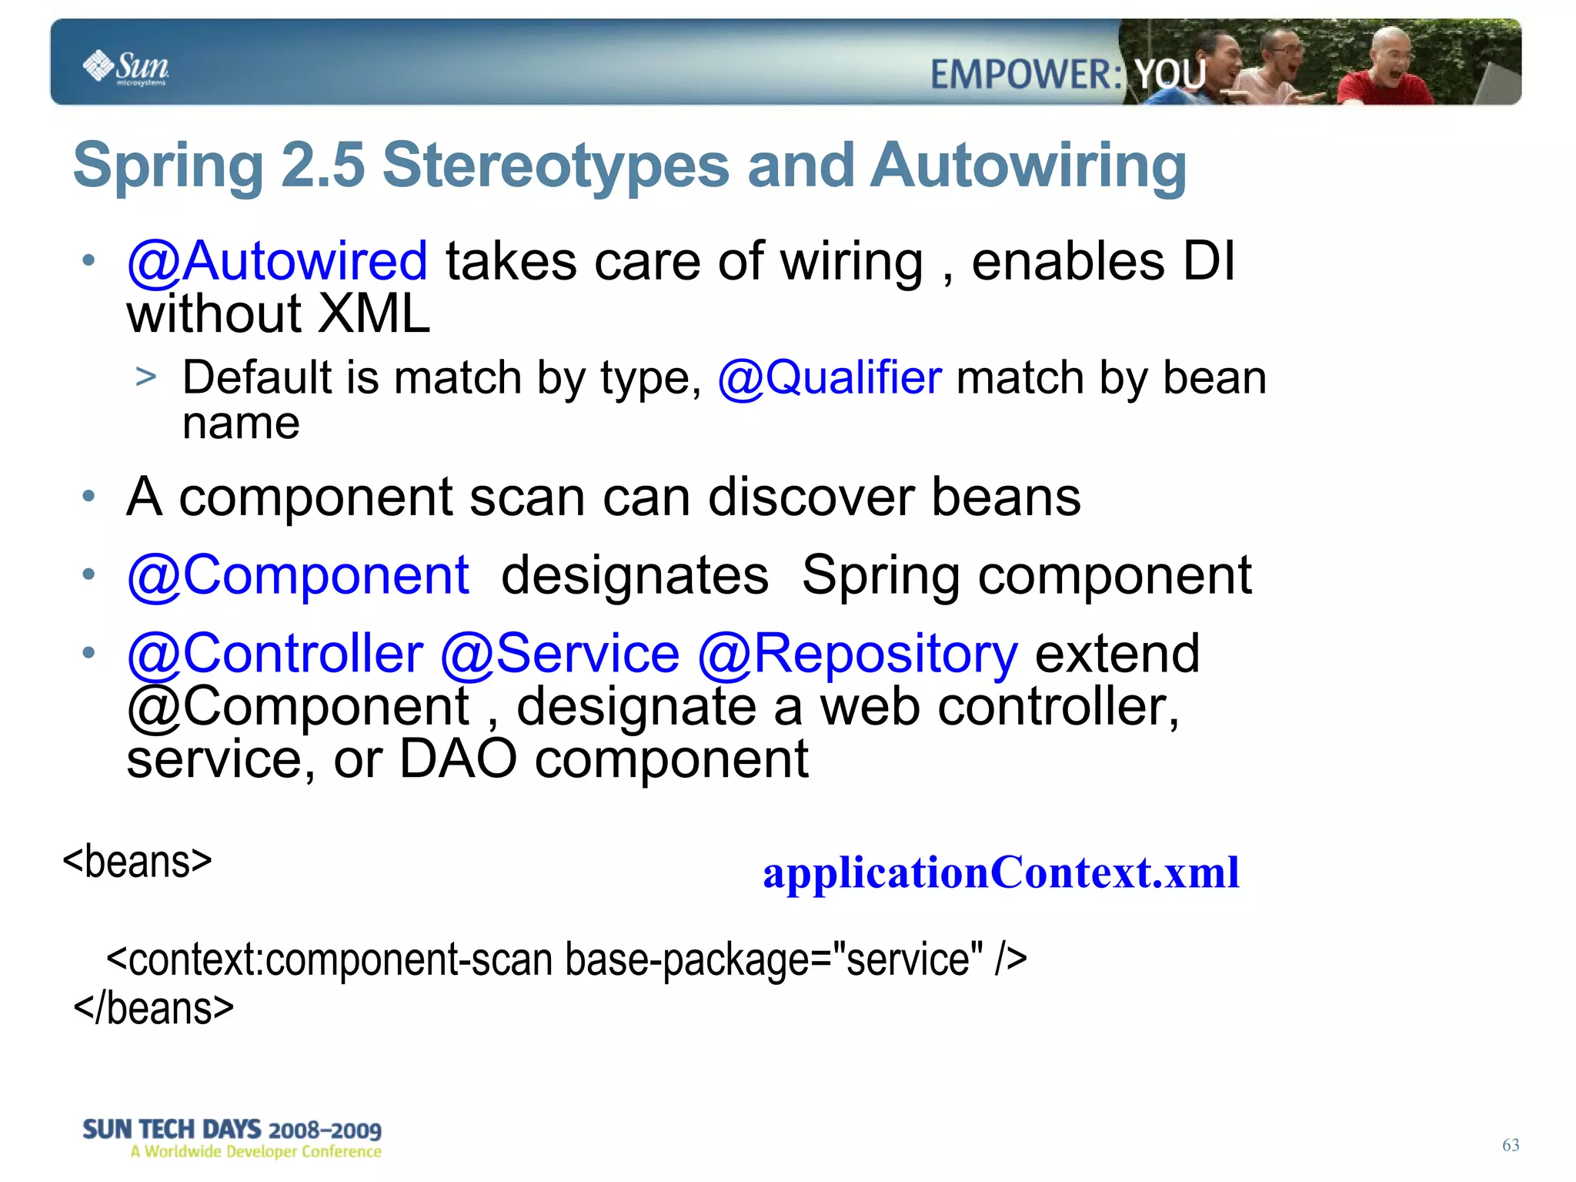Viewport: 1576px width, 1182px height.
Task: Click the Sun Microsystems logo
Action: coord(125,67)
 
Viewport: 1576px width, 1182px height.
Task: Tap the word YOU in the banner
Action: coord(1170,75)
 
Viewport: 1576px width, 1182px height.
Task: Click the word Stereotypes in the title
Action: coord(555,166)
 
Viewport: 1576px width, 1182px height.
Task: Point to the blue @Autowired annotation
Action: coord(277,261)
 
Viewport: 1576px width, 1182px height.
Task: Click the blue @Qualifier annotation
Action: coord(829,378)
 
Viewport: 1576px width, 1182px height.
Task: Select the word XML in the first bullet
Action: coord(374,314)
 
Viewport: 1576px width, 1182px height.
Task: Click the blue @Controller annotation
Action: coord(275,654)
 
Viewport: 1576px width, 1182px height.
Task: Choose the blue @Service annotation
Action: coord(559,654)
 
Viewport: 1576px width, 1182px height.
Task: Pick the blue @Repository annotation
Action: coord(857,654)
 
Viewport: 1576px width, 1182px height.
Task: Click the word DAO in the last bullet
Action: coord(458,759)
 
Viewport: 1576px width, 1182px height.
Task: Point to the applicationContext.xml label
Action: coord(1000,872)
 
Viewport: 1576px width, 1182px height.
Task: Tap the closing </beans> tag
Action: coord(153,1009)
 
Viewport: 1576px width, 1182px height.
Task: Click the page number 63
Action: coord(1510,1145)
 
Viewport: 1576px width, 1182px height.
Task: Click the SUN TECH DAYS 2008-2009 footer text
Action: coord(232,1130)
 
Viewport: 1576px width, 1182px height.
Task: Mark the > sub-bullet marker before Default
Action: coord(145,377)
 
